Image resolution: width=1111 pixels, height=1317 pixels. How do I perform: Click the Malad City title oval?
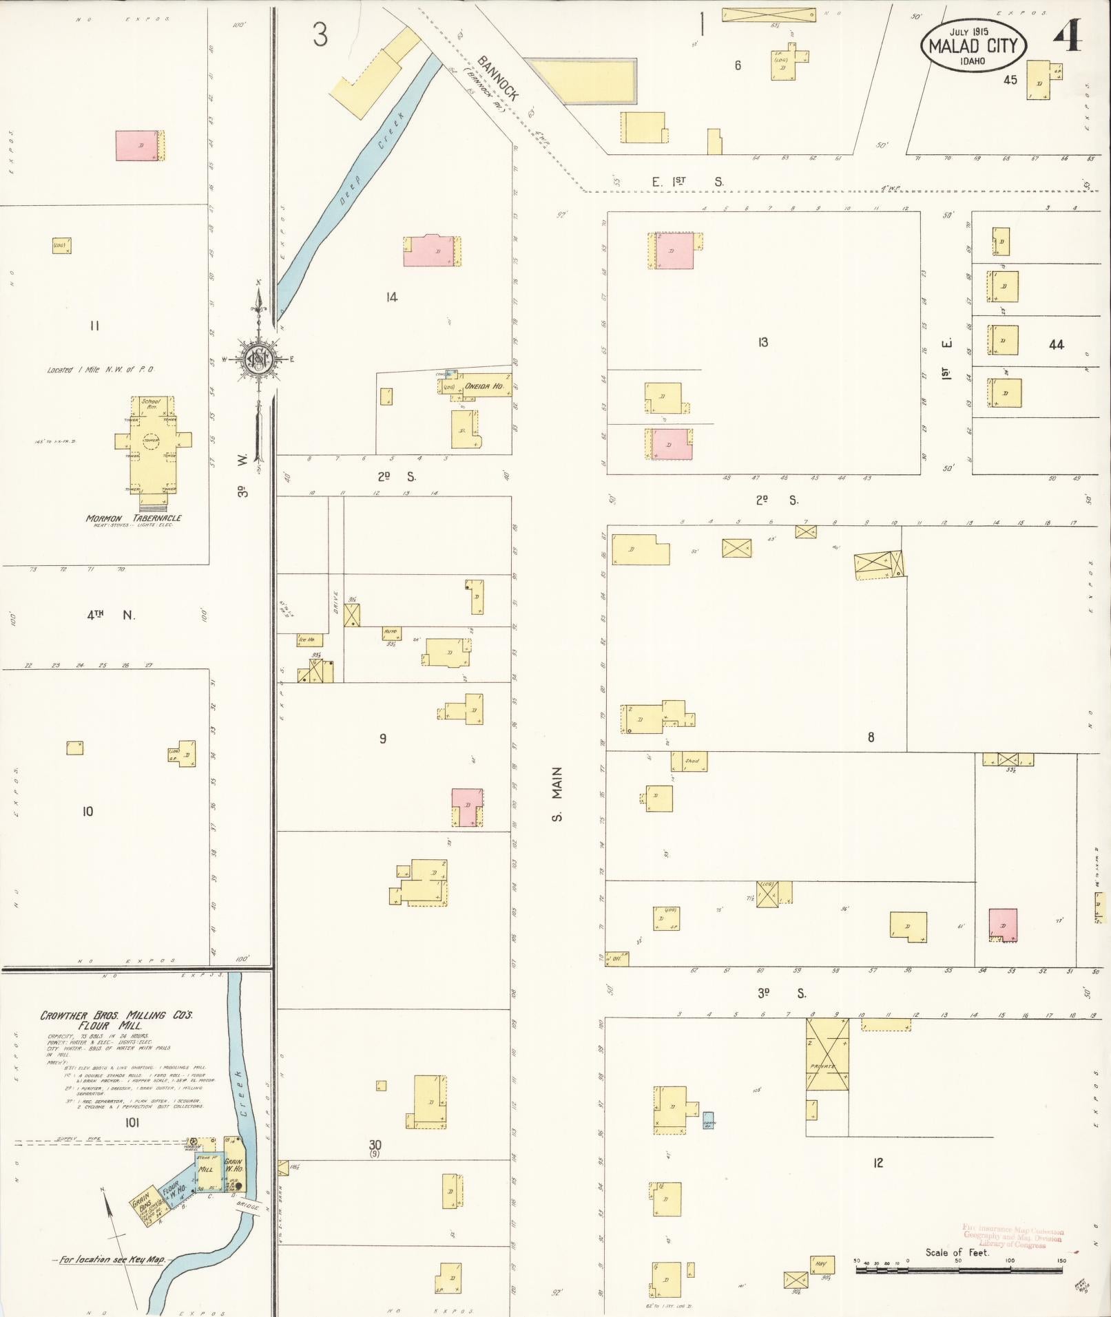click(x=974, y=45)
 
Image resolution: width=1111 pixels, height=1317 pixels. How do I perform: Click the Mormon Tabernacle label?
click(x=134, y=518)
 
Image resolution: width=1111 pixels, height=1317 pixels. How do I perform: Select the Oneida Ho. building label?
click(x=484, y=386)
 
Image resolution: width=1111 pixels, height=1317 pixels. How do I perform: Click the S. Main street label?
click(x=557, y=794)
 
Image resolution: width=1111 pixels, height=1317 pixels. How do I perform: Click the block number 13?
click(x=762, y=342)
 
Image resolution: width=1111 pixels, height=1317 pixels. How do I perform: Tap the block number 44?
click(x=1056, y=344)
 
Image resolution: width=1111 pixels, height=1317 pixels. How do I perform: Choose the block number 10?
click(x=87, y=811)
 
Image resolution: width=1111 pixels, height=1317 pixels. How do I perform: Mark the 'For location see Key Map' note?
click(x=112, y=1260)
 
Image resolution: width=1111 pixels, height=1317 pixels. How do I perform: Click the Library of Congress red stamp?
click(x=1014, y=1237)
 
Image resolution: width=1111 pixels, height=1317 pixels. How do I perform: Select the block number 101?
click(x=132, y=1123)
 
